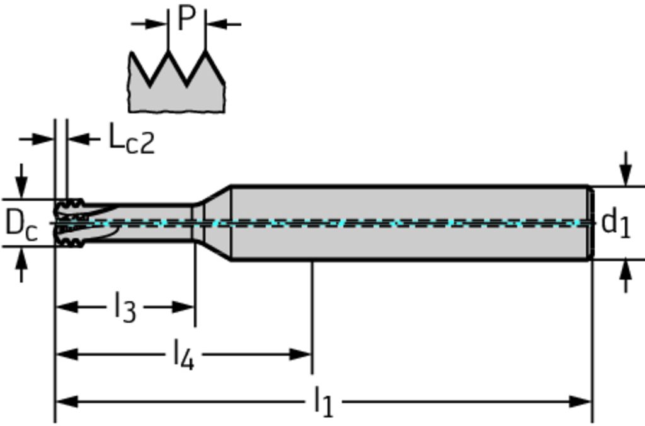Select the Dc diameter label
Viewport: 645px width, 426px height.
[21, 225]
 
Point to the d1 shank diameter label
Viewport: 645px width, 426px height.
[615, 223]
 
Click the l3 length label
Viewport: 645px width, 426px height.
[125, 308]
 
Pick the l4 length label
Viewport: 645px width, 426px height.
[183, 355]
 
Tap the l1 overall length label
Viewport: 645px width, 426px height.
[322, 401]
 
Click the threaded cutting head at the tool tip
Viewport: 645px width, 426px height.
[69, 223]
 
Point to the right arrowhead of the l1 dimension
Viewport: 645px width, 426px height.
[582, 401]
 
